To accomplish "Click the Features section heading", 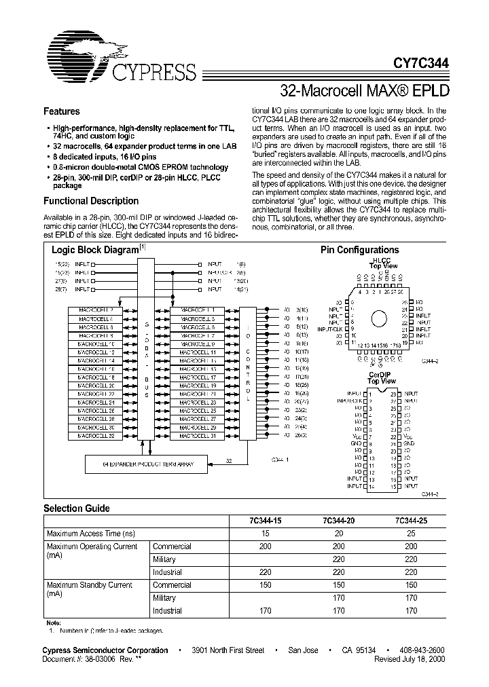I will click(62, 111).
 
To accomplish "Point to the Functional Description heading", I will click(91, 201).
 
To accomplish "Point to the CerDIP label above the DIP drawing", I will click(382, 374).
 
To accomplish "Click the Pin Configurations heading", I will click(359, 250).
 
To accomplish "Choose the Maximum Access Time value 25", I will click(411, 534).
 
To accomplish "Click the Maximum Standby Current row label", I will click(88, 584).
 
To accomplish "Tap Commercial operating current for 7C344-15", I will click(264, 546).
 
